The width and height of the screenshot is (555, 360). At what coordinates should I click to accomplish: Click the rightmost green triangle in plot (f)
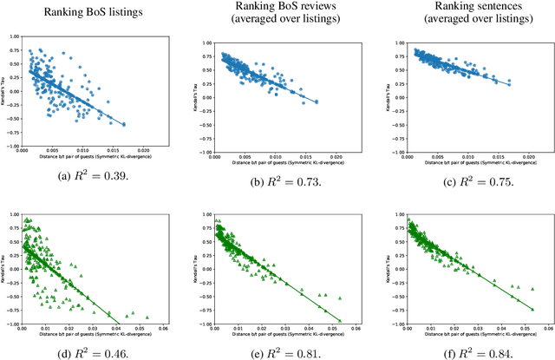tap(531, 307)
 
